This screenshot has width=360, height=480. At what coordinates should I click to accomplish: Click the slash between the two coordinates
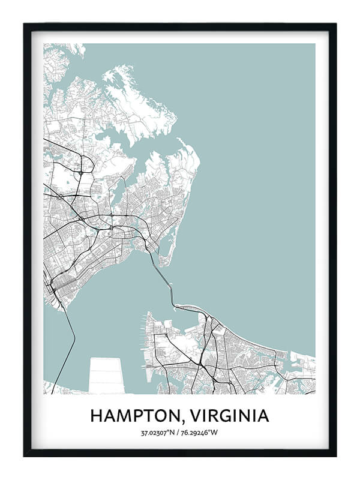[x=181, y=432]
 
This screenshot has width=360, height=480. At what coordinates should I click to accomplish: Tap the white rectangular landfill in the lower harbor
[x=106, y=375]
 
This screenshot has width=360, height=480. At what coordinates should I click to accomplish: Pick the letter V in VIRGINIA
[x=192, y=416]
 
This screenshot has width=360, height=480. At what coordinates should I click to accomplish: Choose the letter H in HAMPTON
[x=96, y=416]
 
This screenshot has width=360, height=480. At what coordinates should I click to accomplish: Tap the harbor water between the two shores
[x=114, y=300]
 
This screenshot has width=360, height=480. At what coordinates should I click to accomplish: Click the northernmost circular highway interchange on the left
[x=80, y=173]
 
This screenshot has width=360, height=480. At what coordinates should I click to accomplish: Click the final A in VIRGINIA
[x=263, y=416]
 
